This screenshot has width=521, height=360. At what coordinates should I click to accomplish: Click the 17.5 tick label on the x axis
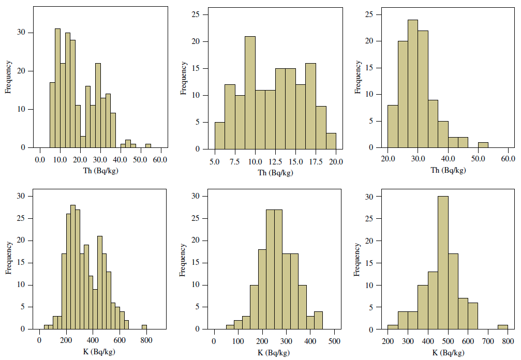coord(316,161)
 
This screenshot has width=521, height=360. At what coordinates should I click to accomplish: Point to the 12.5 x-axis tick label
coord(275,161)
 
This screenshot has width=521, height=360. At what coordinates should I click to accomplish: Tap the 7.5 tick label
coord(235,161)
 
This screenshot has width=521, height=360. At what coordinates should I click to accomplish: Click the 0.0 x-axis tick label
coord(40,160)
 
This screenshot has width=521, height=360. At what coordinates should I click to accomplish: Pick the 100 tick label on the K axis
coord(239,341)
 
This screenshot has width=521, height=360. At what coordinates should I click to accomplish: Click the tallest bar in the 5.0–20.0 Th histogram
coord(250,93)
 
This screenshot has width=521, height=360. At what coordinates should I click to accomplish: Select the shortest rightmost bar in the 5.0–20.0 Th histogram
coord(331,141)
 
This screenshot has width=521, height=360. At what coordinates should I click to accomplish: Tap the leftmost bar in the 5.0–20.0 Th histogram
coord(220,136)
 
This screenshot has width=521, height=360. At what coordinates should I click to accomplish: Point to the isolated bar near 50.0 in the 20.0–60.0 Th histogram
coord(483,145)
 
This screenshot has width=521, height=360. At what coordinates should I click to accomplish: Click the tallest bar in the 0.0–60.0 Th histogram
coord(57,88)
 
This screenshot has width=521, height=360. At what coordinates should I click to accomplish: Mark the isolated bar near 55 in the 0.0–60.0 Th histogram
coord(148,145)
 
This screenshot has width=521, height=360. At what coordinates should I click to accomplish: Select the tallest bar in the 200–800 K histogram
coord(442,263)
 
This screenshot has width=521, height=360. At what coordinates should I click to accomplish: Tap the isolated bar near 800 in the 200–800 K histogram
coord(502,327)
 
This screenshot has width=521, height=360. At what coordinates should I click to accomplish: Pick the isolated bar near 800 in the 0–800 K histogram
coord(145,327)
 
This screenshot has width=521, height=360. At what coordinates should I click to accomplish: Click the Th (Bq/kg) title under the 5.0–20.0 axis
coord(275,172)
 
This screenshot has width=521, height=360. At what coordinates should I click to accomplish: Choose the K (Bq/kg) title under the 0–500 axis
coord(274,352)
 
